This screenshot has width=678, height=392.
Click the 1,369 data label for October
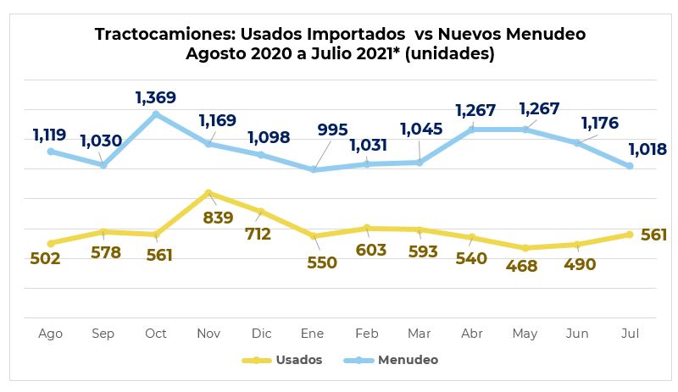(x=156, y=98)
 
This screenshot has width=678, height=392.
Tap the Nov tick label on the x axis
(x=208, y=334)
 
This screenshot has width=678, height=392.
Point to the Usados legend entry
(x=298, y=360)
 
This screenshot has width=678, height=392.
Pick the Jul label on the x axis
(x=629, y=334)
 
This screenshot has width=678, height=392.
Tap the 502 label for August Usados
(x=44, y=259)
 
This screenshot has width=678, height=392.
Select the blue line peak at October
(x=156, y=113)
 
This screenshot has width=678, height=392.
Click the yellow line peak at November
(x=208, y=193)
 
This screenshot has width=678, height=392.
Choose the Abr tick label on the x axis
(x=472, y=334)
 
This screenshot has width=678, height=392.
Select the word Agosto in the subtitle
(x=214, y=53)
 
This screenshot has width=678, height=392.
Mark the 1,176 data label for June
(x=601, y=124)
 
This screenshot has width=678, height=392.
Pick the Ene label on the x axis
(x=314, y=334)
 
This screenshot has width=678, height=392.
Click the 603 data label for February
(x=370, y=250)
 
